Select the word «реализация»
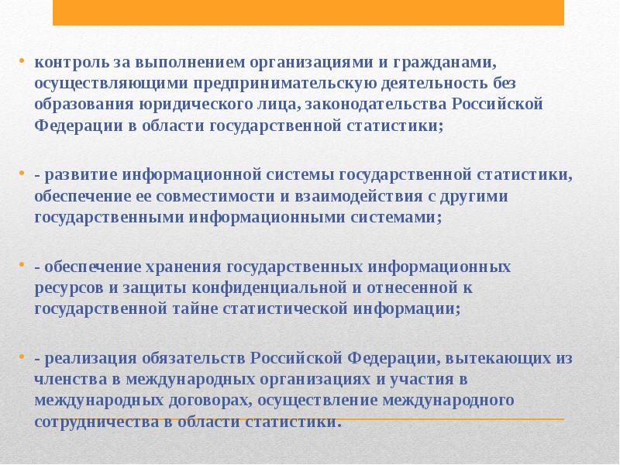pyautogui.click(x=86, y=358)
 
